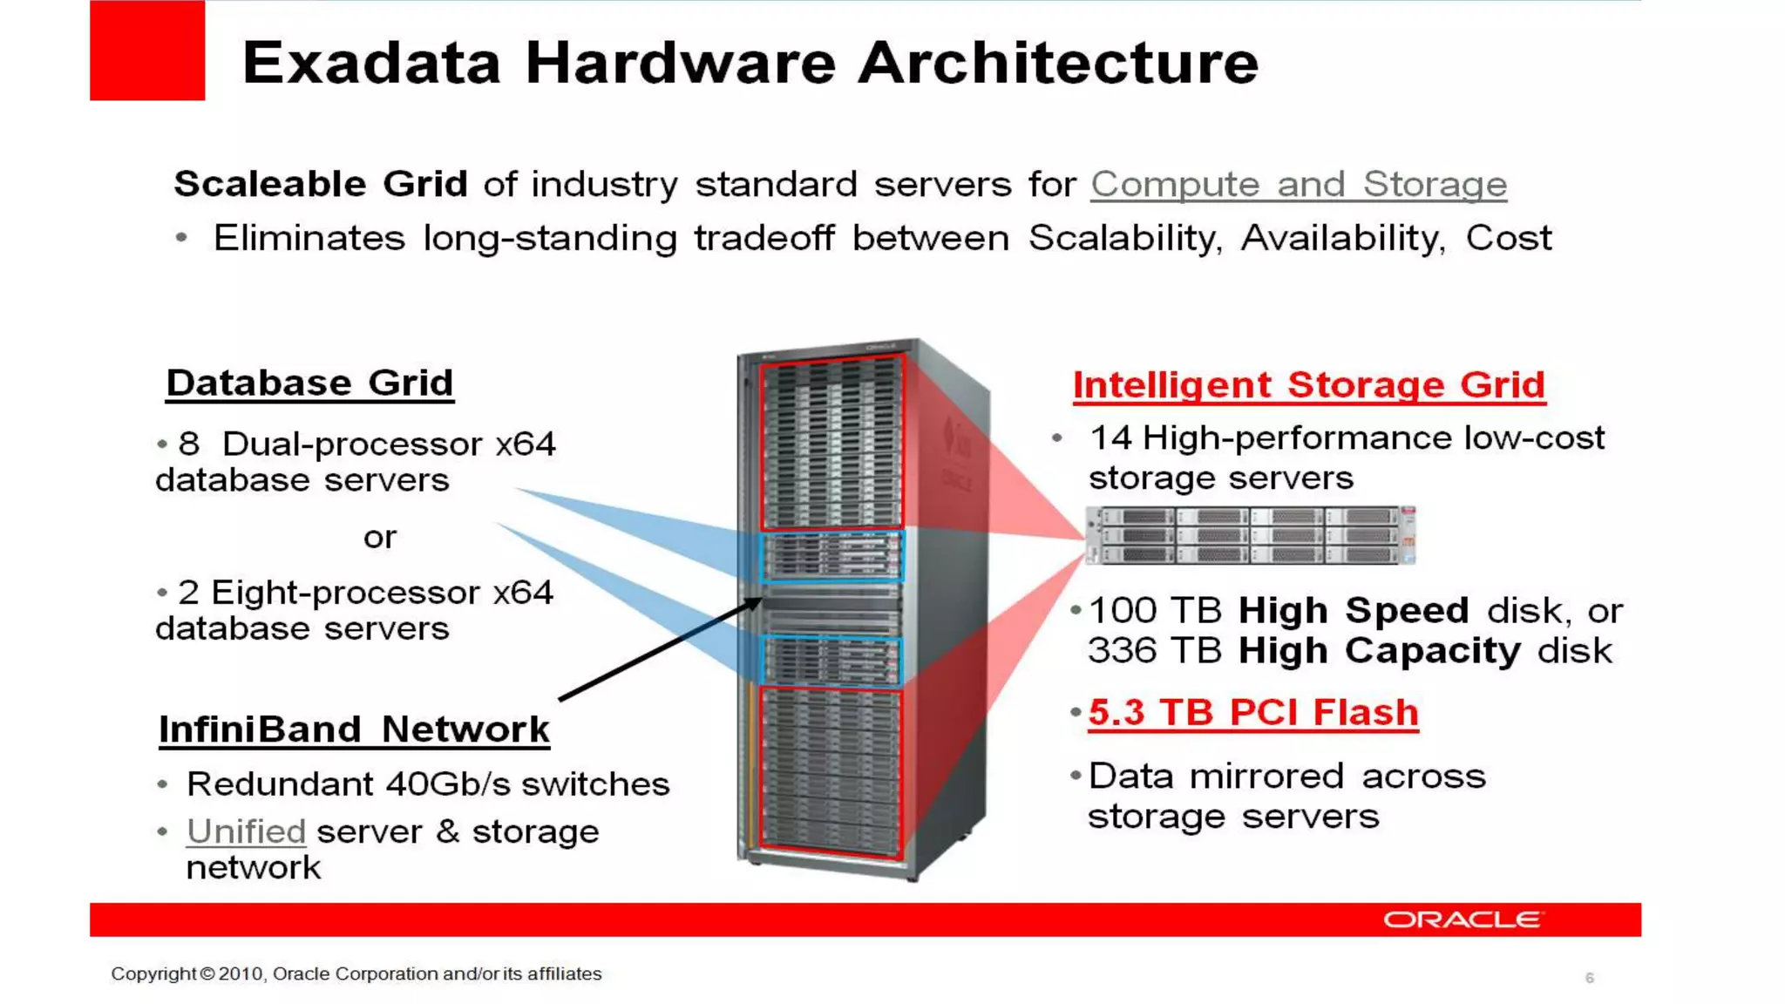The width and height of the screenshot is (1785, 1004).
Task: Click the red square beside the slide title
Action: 147,51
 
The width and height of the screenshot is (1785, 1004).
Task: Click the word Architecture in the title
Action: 1058,63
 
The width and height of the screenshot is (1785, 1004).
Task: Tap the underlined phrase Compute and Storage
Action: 1298,185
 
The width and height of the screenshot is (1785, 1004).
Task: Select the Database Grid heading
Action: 309,383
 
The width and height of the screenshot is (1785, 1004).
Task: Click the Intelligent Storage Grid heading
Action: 1308,385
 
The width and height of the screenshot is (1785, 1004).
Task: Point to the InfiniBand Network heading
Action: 354,729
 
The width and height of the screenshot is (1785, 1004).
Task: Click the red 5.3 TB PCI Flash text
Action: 1252,713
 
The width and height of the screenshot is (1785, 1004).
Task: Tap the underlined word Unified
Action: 246,831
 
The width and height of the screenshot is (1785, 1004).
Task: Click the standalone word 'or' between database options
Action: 380,537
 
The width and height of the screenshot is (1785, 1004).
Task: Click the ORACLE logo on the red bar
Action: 1463,919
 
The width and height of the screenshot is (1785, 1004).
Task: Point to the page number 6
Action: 1590,978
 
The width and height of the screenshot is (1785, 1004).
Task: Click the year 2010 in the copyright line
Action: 240,973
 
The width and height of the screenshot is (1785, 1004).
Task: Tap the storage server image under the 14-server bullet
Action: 1250,535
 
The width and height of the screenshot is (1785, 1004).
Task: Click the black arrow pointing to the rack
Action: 660,649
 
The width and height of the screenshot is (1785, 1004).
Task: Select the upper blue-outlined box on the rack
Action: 832,556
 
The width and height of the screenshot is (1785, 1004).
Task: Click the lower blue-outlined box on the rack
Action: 832,661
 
